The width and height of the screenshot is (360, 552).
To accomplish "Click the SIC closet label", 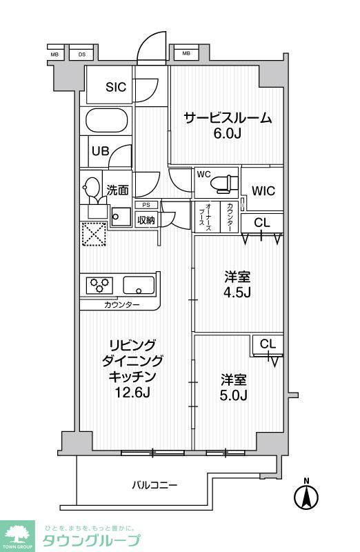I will (116, 87).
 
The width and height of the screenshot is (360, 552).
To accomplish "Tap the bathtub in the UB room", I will (107, 121).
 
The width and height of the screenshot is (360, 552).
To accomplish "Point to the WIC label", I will (263, 190).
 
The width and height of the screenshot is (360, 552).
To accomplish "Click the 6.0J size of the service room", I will (227, 134).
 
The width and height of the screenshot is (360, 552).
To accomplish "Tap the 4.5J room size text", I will (237, 293).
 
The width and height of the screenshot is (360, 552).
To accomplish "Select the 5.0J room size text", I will (234, 396).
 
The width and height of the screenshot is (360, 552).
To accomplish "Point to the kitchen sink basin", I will (139, 284).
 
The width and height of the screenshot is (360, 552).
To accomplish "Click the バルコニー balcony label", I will (155, 485).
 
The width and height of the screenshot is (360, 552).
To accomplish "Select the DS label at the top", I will (81, 54).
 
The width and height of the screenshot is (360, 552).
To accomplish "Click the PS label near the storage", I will (146, 205).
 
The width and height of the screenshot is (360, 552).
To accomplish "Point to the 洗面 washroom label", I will (117, 190).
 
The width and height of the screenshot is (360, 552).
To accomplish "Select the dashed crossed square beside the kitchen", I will (93, 235).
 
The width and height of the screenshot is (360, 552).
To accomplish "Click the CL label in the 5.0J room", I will (268, 344).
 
